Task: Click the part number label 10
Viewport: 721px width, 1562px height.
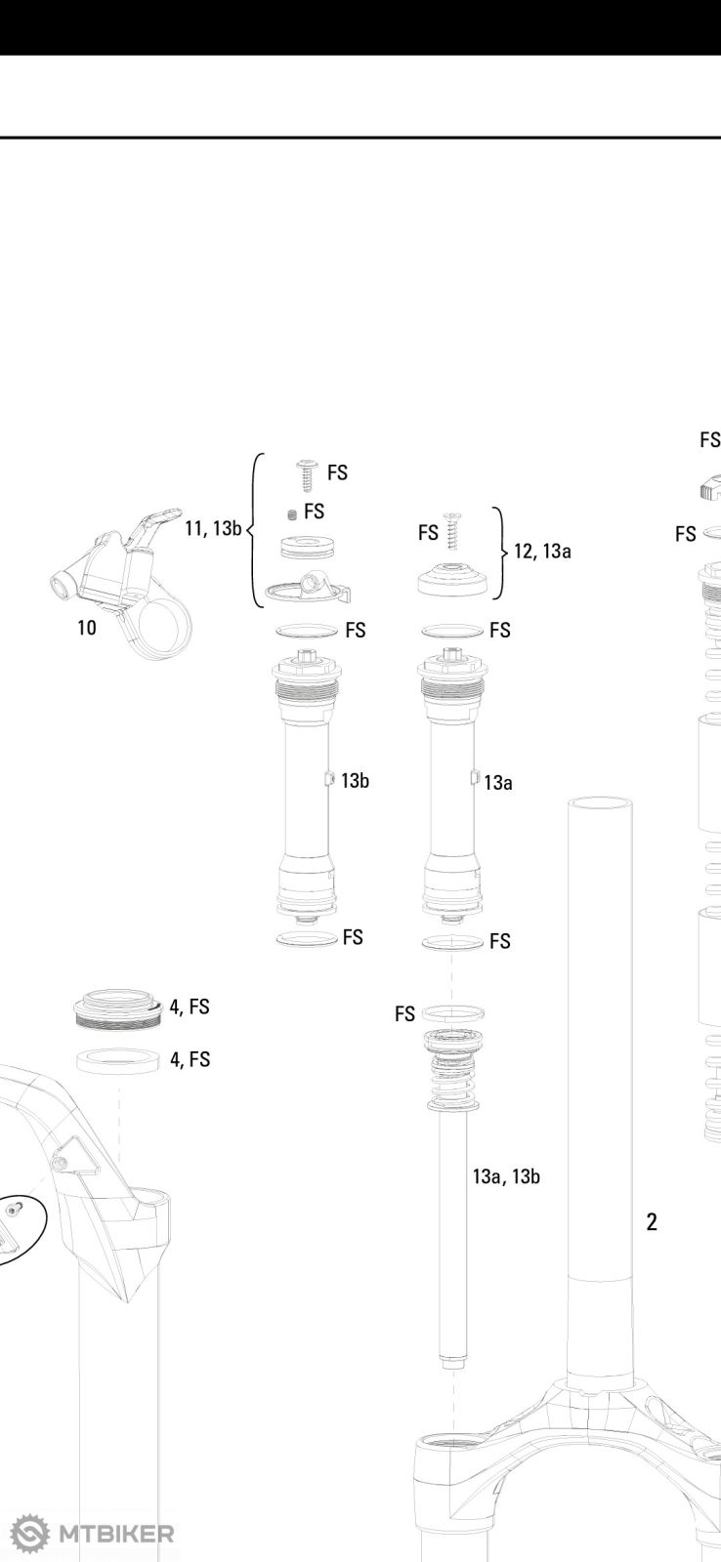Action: coord(87,628)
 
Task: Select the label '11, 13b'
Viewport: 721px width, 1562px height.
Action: coord(212,528)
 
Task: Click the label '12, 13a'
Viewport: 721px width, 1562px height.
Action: coord(542,552)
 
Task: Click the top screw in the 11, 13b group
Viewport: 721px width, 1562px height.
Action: coord(308,474)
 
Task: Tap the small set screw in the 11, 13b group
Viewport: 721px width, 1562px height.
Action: coord(292,514)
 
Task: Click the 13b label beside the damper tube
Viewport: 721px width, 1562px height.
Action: coord(355,781)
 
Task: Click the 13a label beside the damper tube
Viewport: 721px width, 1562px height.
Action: coord(498,782)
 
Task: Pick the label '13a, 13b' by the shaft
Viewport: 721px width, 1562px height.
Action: coord(505,1176)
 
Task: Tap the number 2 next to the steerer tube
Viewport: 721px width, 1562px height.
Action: coord(652,1221)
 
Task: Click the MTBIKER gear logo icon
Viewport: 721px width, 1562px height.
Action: coord(29,1534)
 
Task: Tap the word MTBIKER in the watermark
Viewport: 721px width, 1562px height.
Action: coord(116,1534)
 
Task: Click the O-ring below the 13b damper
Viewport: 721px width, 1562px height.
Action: coord(307,939)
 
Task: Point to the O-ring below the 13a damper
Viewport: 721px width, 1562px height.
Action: coord(452,942)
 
